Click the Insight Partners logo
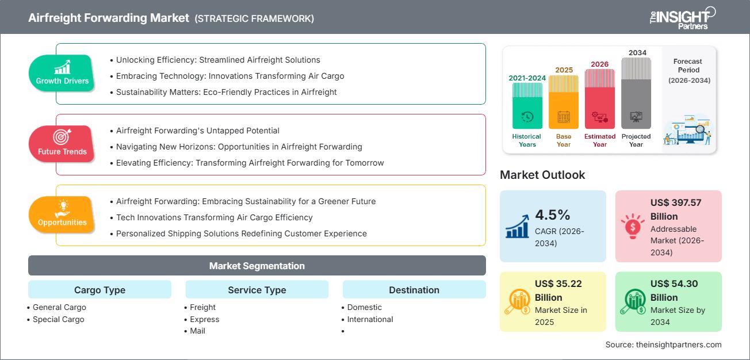coord(682,17)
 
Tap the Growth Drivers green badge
coord(62,73)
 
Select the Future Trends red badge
coord(62,144)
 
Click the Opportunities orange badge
coord(62,215)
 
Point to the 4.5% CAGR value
coord(552,215)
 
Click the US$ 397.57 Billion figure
coord(676,209)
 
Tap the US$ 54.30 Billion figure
coord(672,290)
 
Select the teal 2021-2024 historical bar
coord(527,106)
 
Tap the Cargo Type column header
coord(100,290)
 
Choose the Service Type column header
coord(257,290)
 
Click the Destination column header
coord(414,290)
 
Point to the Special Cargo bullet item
coord(58,319)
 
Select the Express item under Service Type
coord(204,319)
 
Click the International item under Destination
coord(370,319)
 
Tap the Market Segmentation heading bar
coord(257,266)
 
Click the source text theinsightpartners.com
coord(663,344)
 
